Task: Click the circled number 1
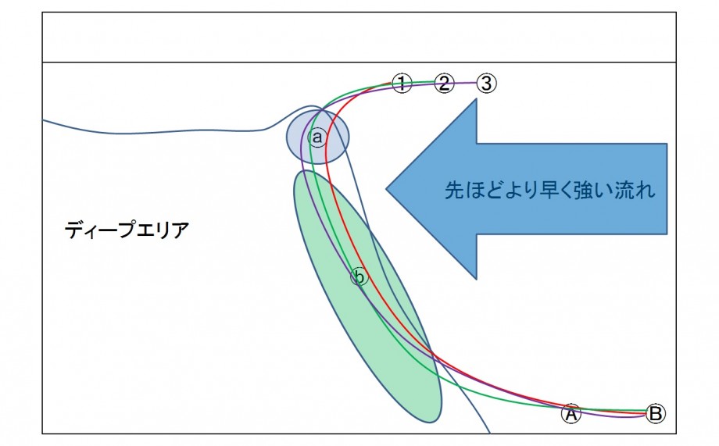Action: (x=402, y=84)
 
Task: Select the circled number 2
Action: (x=444, y=84)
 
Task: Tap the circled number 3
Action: (x=487, y=84)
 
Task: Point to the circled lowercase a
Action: (x=317, y=137)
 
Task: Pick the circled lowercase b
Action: (x=359, y=277)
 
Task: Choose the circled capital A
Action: (x=571, y=413)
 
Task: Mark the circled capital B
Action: (x=656, y=413)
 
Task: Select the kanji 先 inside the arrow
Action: (x=454, y=191)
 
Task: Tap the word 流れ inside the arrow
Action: (x=635, y=191)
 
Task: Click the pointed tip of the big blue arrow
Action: (x=387, y=188)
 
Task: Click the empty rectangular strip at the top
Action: (x=359, y=37)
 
